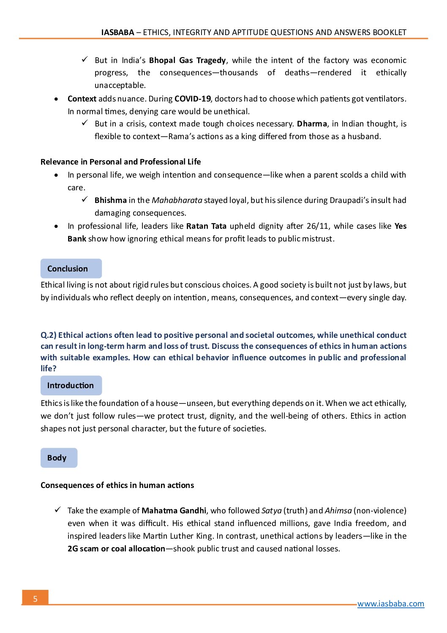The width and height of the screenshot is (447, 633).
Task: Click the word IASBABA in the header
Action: (117, 33)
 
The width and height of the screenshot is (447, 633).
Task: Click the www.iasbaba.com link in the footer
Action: (390, 604)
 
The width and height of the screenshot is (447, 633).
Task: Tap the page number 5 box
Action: (35, 598)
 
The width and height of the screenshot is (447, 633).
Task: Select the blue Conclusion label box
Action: (71, 269)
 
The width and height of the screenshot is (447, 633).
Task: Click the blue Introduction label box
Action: (71, 385)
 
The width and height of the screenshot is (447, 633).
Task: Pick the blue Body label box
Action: (59, 458)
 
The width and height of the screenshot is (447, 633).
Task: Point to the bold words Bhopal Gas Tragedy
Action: (187, 60)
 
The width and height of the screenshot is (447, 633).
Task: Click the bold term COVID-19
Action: (192, 99)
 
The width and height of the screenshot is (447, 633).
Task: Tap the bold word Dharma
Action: (312, 124)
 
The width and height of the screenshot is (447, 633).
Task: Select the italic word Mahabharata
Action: (177, 200)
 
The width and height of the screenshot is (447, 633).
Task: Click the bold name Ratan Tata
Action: (206, 226)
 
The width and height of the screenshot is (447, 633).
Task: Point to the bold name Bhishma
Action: (110, 200)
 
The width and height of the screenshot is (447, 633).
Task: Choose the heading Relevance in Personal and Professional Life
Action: (120, 162)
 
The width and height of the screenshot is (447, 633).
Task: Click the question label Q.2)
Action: (48, 335)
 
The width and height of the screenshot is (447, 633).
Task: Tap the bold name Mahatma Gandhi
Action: (174, 511)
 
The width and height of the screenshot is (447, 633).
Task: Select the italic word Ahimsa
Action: (338, 511)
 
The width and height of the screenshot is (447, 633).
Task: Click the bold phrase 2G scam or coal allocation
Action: (116, 549)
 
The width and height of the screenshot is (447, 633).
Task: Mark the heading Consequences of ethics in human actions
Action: (117, 485)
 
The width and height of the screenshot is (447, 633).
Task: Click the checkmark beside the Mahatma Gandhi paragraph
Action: (57, 510)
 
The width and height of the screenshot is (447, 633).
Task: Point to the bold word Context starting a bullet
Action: (82, 99)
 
